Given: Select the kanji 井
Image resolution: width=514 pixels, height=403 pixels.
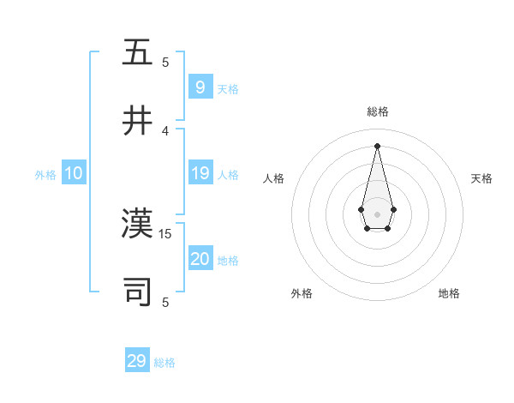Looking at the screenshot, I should click(x=138, y=121).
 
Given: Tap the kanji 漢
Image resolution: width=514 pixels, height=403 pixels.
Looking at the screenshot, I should click(x=138, y=224).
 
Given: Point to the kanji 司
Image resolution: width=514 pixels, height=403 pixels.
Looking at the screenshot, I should click(x=138, y=292).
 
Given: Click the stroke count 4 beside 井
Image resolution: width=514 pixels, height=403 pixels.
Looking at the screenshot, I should click(x=165, y=131).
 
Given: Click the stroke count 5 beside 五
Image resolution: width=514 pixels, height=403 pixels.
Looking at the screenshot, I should click(x=165, y=62).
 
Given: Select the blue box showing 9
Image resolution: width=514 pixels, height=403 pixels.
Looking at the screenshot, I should click(x=200, y=87).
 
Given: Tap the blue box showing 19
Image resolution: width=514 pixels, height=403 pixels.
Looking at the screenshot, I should click(x=200, y=173).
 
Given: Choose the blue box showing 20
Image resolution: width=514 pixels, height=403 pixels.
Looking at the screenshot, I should click(x=200, y=259).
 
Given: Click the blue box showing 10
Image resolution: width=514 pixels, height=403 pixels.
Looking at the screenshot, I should click(x=74, y=173).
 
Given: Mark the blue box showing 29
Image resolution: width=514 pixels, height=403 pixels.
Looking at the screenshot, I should click(x=137, y=361).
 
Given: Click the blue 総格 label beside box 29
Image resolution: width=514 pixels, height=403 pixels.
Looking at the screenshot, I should click(x=164, y=363).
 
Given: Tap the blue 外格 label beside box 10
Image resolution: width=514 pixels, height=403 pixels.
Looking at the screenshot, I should click(x=45, y=175).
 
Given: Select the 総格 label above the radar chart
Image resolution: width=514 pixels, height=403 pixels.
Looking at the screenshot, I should click(x=378, y=111).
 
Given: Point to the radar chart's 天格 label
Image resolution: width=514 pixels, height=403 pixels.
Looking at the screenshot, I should click(x=481, y=178).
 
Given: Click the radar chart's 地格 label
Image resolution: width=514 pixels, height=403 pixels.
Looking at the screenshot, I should click(x=449, y=293).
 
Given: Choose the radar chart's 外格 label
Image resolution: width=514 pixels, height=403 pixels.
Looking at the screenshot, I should click(x=302, y=293).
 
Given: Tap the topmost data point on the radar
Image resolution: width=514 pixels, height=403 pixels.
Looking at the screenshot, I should click(x=377, y=145).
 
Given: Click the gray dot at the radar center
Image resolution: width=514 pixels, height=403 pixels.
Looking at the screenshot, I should click(x=377, y=214).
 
